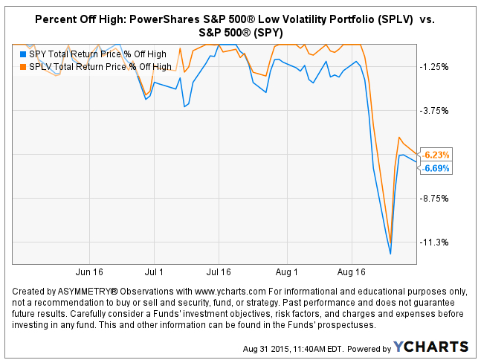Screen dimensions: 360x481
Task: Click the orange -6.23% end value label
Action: (x=436, y=155)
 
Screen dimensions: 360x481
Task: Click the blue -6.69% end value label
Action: (x=436, y=168)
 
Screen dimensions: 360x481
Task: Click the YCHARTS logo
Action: (x=432, y=347)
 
